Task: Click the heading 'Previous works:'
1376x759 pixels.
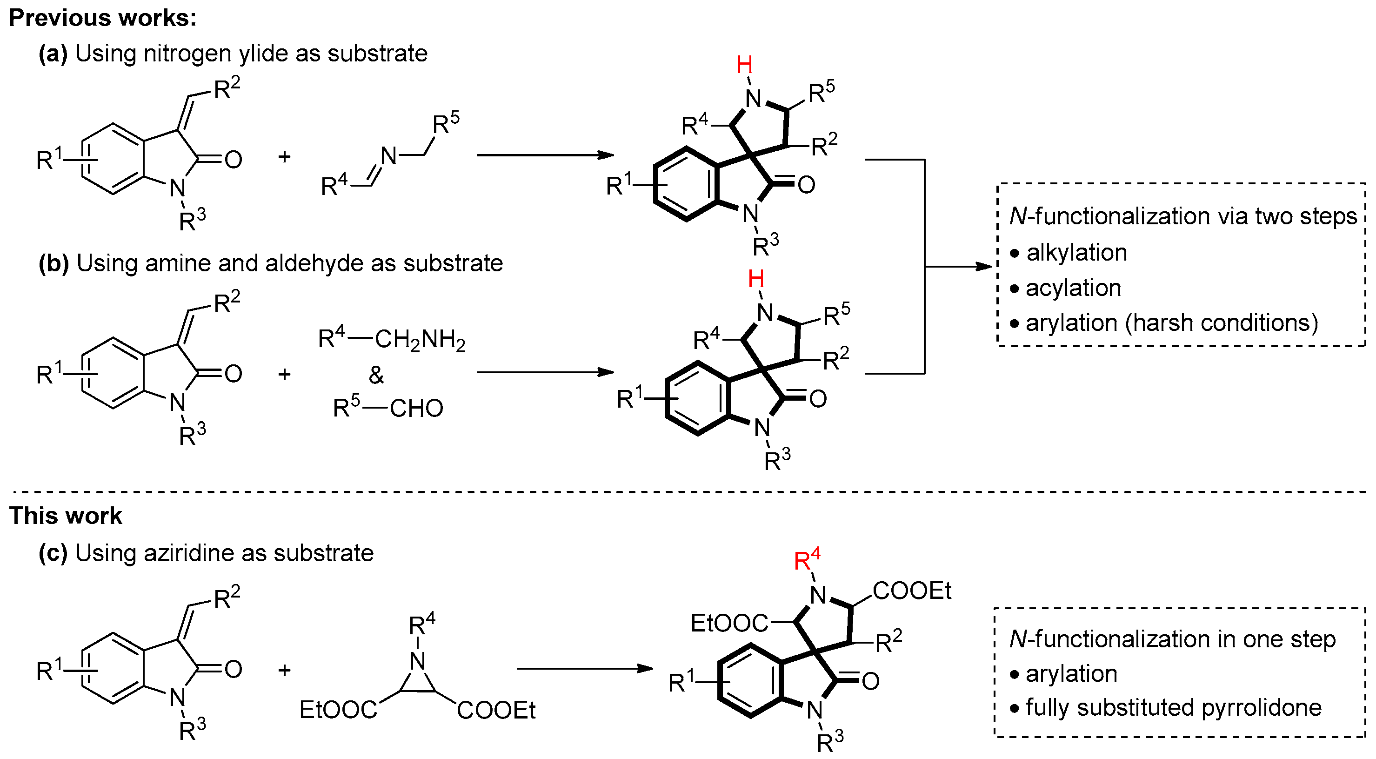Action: coord(102,18)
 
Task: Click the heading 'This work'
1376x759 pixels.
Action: coord(65,516)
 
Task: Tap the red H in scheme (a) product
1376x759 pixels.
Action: coord(744,65)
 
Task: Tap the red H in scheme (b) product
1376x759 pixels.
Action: coord(756,279)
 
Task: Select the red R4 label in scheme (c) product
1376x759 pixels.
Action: coord(807,560)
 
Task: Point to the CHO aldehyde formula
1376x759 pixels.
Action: coord(417,409)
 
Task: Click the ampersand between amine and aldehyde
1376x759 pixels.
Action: coord(377,375)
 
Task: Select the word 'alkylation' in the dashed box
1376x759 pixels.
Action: coord(1076,253)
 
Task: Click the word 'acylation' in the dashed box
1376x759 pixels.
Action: coord(1073,288)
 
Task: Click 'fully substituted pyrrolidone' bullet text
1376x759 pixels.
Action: coord(1173,708)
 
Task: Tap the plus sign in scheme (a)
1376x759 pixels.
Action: coord(284,157)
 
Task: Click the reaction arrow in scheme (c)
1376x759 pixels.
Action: coord(585,669)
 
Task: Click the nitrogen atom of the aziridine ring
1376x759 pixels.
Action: coord(417,662)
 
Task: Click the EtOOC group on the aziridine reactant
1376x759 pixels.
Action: coord(338,710)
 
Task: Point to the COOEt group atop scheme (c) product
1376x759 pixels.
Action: coord(912,591)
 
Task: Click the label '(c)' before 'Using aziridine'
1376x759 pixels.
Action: coord(53,553)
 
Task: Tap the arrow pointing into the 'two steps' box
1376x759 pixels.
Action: coord(959,266)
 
